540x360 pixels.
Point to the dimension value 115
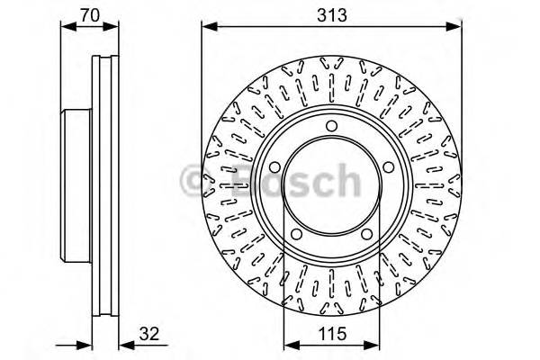(329, 330)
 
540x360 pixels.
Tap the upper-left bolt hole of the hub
(274, 166)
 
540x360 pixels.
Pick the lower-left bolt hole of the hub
(295, 234)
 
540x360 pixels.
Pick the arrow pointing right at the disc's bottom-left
(85, 344)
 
